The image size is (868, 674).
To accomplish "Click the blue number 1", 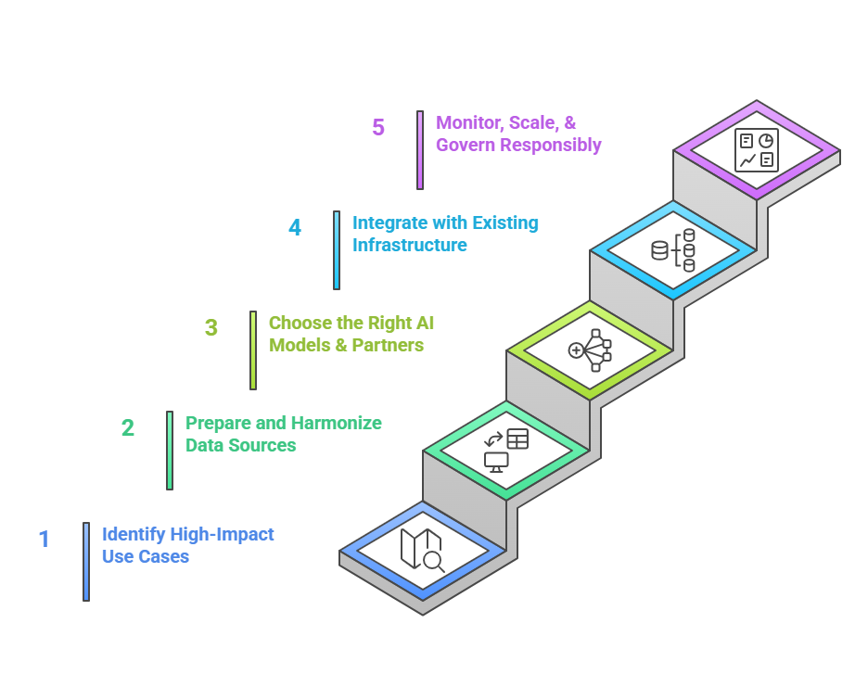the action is click(x=45, y=539).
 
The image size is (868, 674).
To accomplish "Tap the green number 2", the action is click(x=128, y=427).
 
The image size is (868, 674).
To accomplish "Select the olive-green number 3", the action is click(x=211, y=327).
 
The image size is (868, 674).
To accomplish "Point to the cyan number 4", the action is click(x=295, y=227).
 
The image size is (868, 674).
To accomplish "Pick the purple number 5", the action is click(x=378, y=127).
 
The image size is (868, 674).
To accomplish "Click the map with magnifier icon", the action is click(x=422, y=550).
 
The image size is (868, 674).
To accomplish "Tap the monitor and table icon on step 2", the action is click(x=506, y=451).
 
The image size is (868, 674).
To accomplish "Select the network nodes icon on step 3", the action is click(x=590, y=350).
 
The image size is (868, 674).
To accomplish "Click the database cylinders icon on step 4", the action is click(x=673, y=250).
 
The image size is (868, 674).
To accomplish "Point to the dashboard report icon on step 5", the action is click(x=757, y=150).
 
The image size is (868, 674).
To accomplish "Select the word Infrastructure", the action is click(x=410, y=245).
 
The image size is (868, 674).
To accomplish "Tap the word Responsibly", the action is click(x=550, y=145).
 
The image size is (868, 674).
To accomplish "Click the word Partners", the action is click(x=388, y=345).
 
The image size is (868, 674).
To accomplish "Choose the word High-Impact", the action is click(x=222, y=535).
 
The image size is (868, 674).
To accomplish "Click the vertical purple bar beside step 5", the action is click(x=420, y=150).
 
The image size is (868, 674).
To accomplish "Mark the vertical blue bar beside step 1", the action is click(x=86, y=562).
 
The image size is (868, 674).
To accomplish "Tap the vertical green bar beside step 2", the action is click(x=170, y=451).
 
